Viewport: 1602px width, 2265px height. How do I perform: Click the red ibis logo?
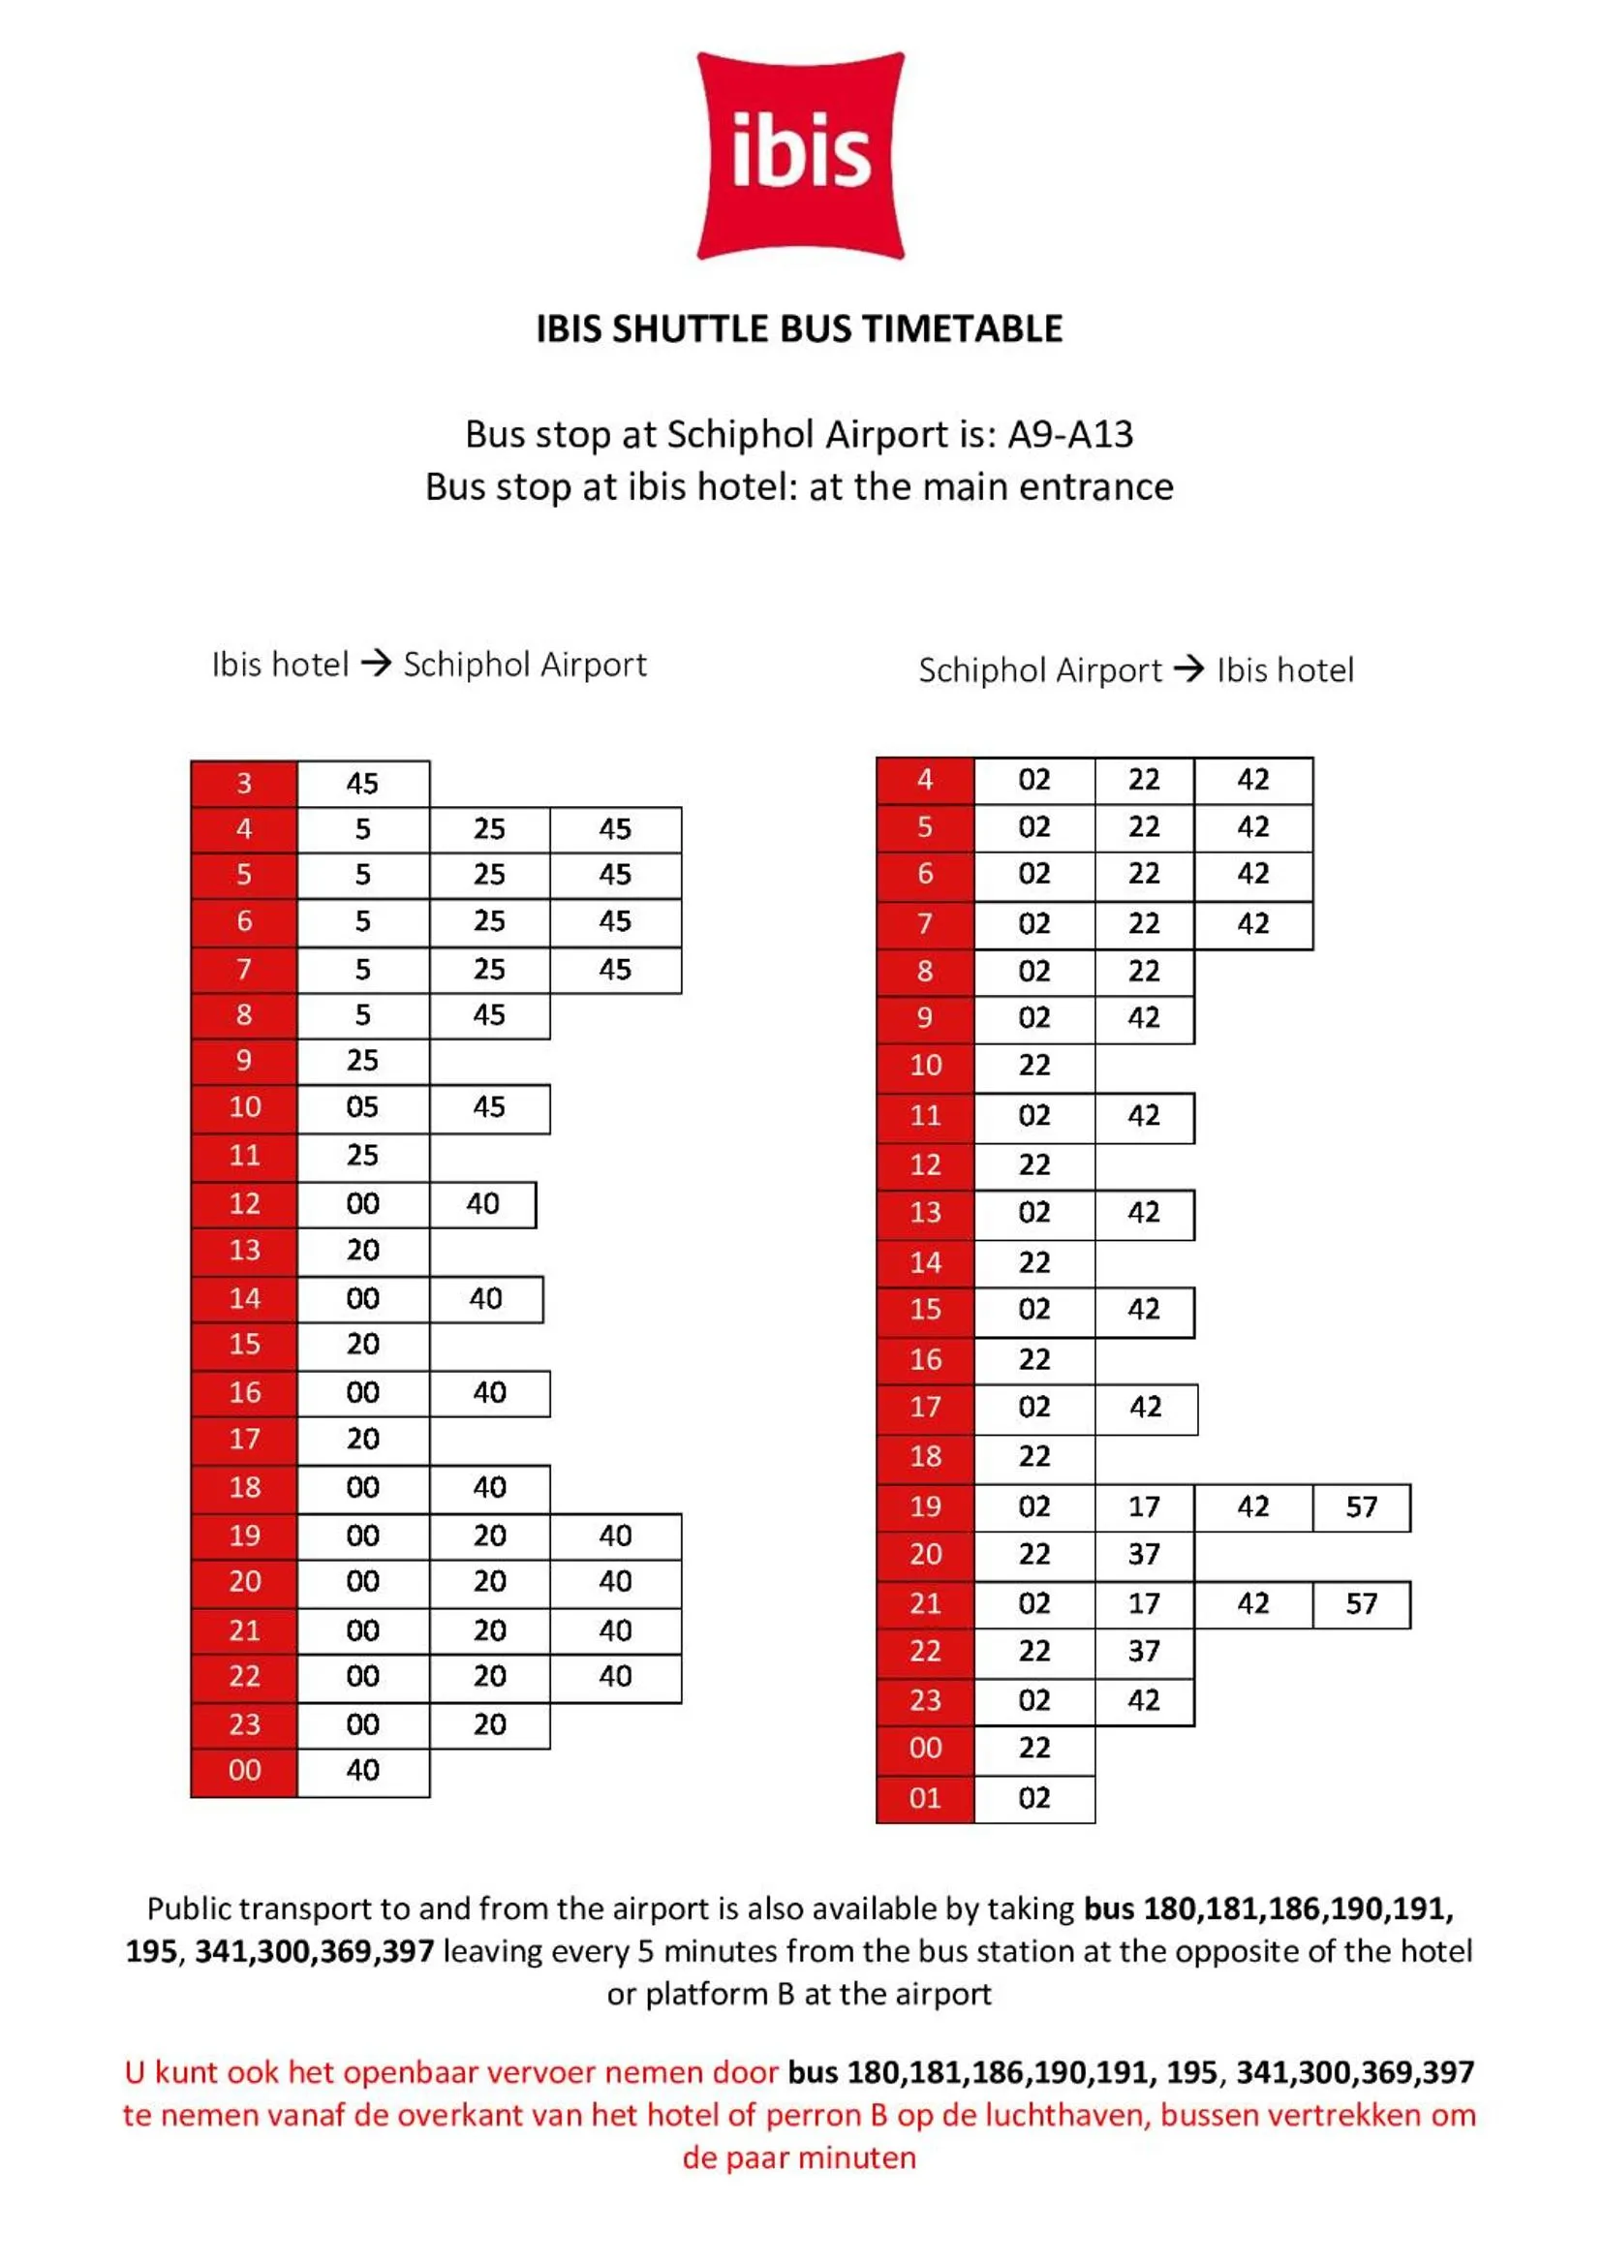pyautogui.click(x=800, y=156)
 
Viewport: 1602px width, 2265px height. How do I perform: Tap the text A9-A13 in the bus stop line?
pyautogui.click(x=1070, y=434)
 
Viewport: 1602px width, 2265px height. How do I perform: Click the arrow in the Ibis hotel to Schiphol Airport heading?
pyautogui.click(x=376, y=663)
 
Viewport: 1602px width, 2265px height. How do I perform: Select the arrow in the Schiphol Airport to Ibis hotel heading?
pyautogui.click(x=1188, y=668)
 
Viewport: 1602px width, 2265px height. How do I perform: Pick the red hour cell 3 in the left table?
pyautogui.click(x=244, y=784)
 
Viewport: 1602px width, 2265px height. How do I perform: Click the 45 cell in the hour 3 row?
pyautogui.click(x=362, y=784)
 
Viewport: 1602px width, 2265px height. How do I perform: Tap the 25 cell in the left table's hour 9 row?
pyautogui.click(x=362, y=1061)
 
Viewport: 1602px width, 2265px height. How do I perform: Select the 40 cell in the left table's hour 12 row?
pyautogui.click(x=482, y=1203)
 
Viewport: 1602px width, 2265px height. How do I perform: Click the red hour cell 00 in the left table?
pyautogui.click(x=244, y=1770)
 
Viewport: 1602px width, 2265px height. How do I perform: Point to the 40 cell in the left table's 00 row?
pyautogui.click(x=362, y=1770)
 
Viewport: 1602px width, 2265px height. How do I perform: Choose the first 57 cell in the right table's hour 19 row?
pyautogui.click(x=1361, y=1506)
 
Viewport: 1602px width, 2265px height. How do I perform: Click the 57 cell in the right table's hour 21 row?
pyautogui.click(x=1361, y=1603)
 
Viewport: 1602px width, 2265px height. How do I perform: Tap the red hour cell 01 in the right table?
pyautogui.click(x=924, y=1798)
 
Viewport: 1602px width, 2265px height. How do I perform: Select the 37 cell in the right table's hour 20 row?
pyautogui.click(x=1143, y=1554)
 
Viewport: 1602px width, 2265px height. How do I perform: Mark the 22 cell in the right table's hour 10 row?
pyautogui.click(x=1033, y=1066)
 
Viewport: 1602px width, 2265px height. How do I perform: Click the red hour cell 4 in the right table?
pyautogui.click(x=924, y=779)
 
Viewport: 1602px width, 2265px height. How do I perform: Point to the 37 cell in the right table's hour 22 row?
pyautogui.click(x=1143, y=1651)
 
